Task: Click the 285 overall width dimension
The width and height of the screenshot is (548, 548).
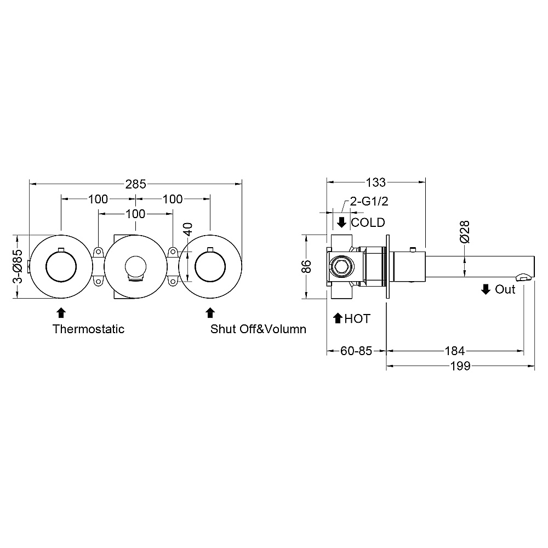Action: [x=135, y=184]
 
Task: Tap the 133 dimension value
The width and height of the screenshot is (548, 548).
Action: [x=376, y=182]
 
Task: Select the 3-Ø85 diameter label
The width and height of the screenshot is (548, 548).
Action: [x=18, y=266]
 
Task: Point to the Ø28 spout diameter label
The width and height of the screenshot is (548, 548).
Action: [x=465, y=232]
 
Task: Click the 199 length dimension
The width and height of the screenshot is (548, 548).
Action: [x=460, y=366]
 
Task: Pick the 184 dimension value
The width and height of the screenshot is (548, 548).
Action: [x=455, y=351]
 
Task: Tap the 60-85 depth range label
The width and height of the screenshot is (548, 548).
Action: [x=356, y=351]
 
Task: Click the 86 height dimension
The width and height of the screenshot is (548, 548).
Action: [x=306, y=266]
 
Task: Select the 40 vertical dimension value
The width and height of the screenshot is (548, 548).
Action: [x=187, y=230]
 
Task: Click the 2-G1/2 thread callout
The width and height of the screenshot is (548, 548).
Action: [x=369, y=201]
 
